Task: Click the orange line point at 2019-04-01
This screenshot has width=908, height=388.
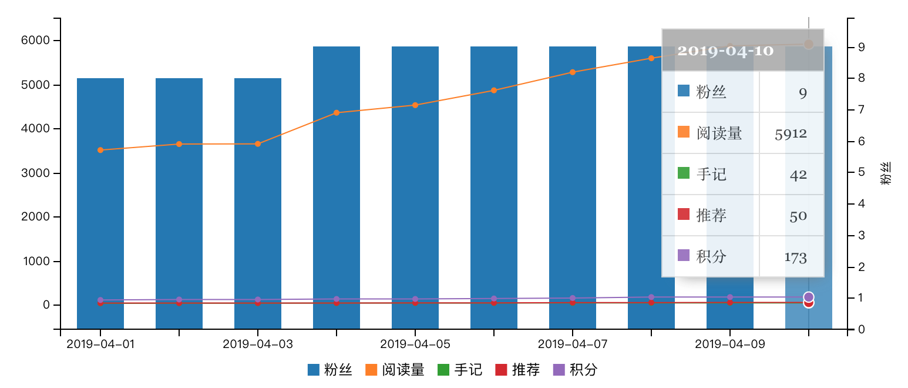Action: [100, 150]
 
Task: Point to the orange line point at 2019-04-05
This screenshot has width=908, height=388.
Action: [415, 105]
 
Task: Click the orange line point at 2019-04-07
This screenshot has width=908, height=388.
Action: [573, 72]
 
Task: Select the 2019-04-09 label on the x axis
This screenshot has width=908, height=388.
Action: [729, 344]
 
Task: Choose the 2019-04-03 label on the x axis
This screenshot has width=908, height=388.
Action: [258, 344]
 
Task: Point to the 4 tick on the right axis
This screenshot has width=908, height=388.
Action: [861, 204]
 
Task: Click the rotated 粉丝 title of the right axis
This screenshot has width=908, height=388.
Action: [886, 173]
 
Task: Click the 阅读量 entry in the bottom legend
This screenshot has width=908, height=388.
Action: [403, 370]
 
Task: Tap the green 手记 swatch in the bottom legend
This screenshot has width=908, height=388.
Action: [443, 370]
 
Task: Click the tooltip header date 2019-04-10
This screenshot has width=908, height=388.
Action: [725, 51]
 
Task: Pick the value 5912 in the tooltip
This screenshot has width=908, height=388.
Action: [791, 133]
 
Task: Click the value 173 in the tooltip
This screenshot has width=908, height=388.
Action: [795, 257]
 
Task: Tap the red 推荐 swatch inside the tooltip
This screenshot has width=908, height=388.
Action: [684, 215]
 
